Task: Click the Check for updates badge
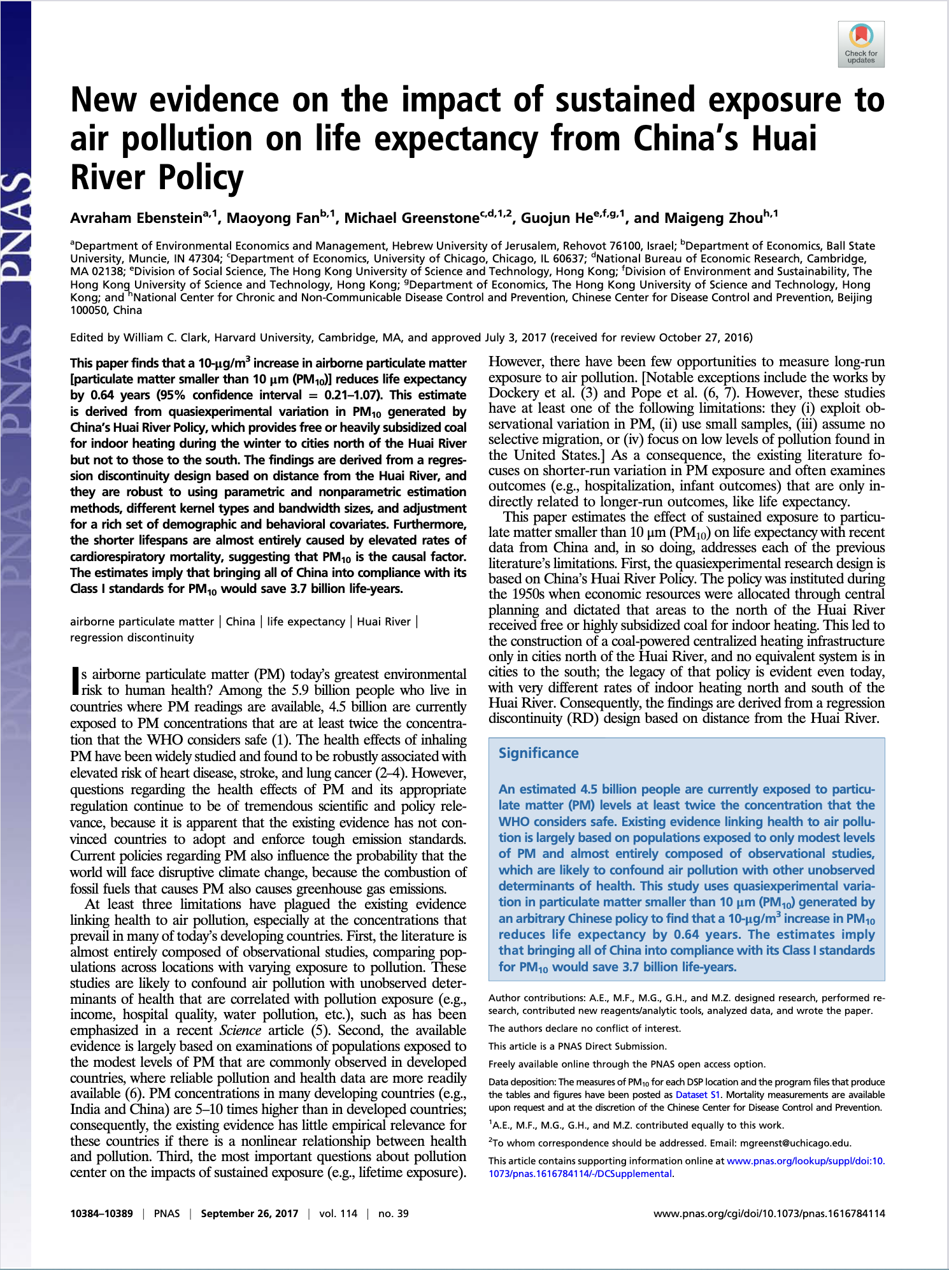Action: tap(861, 44)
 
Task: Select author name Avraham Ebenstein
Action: tap(136, 218)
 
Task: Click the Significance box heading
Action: tap(538, 753)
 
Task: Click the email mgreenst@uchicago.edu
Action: tap(796, 1143)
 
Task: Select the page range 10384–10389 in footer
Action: tap(101, 1213)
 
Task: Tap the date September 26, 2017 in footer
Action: tap(249, 1213)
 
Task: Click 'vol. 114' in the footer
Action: tap(338, 1213)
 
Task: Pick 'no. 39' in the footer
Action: tap(393, 1213)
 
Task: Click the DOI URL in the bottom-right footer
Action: tap(769, 1213)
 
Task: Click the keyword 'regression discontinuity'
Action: tap(132, 638)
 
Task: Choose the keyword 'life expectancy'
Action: tap(306, 622)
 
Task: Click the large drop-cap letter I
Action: tap(75, 681)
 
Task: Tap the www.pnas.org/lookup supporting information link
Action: tap(805, 1160)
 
